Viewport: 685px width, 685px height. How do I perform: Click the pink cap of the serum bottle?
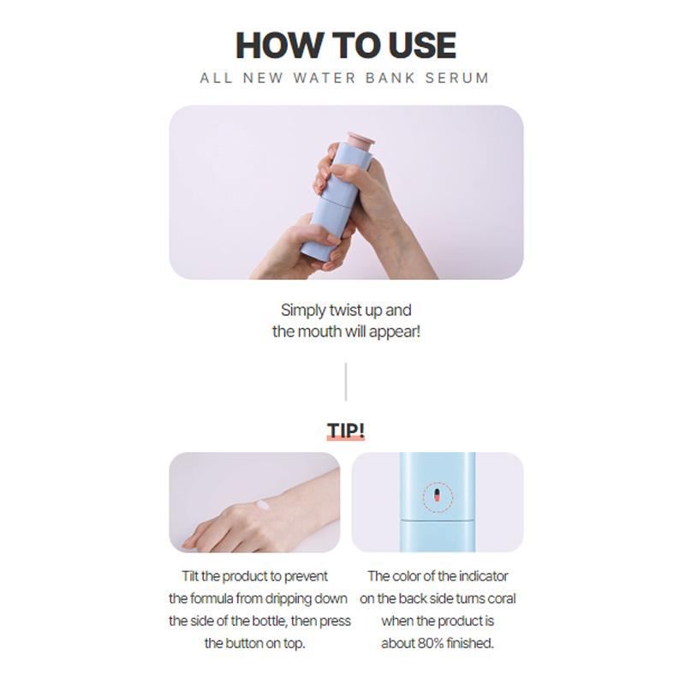click(x=360, y=141)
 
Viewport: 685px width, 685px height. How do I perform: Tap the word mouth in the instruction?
click(x=319, y=331)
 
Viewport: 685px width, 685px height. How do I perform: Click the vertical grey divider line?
click(x=345, y=382)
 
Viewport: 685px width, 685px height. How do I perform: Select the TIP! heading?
click(x=345, y=430)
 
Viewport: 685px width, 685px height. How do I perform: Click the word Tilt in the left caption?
click(x=194, y=576)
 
